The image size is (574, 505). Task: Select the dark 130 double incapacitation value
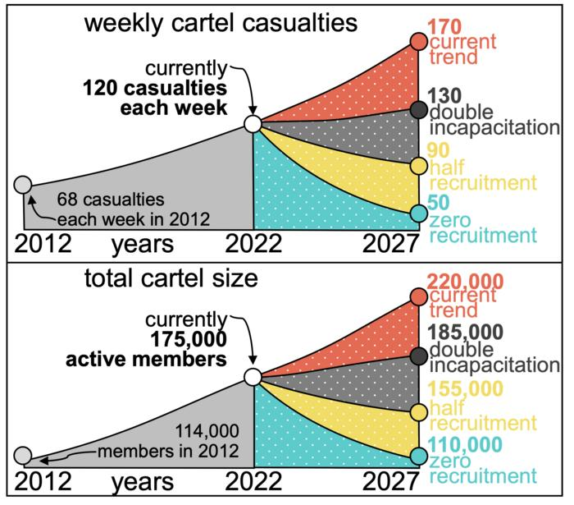[x=444, y=95]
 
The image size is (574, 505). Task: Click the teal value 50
[x=439, y=201]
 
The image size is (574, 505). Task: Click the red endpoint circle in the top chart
[x=418, y=41]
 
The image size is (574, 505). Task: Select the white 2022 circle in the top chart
[x=253, y=124]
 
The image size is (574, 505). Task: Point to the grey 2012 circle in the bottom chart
[x=23, y=455]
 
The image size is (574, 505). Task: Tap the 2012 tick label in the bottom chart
[x=43, y=482]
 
